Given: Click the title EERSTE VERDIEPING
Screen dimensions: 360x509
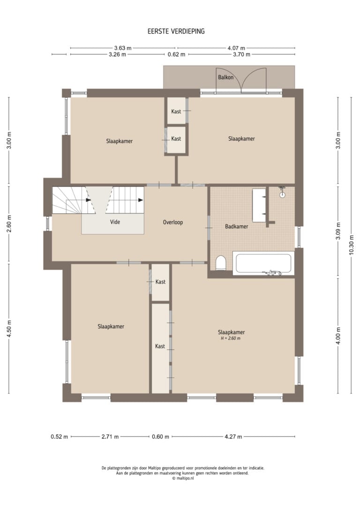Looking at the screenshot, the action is [176, 31].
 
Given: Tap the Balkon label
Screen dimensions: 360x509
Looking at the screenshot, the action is [225, 77].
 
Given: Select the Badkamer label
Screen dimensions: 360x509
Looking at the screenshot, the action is [237, 226].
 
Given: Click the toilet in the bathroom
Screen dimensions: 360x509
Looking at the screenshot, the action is [221, 262].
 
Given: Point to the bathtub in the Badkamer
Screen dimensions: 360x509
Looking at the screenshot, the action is [263, 263].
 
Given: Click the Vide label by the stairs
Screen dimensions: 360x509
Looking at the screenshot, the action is [115, 222].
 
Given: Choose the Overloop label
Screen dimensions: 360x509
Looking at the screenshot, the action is [172, 222].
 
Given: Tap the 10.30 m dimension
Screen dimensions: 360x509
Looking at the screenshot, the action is [352, 245].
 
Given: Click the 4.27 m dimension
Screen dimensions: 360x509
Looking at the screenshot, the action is [233, 437].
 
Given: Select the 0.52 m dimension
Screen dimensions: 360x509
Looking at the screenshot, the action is [60, 437].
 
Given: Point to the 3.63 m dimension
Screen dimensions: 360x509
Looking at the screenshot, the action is [123, 48].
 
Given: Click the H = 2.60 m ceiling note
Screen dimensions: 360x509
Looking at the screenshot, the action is [231, 338].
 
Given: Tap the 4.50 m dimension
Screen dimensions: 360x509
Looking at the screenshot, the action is [9, 329].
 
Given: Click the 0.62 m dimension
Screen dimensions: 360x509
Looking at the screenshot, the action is [177, 54].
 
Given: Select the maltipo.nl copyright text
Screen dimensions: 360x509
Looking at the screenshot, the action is [183, 478].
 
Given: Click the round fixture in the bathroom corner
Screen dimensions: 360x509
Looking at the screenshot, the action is [282, 195].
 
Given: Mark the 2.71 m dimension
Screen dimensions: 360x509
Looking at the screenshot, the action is [110, 437].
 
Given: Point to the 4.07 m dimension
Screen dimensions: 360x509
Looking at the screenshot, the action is [236, 48].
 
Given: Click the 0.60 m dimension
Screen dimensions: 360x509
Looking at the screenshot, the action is [160, 437].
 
